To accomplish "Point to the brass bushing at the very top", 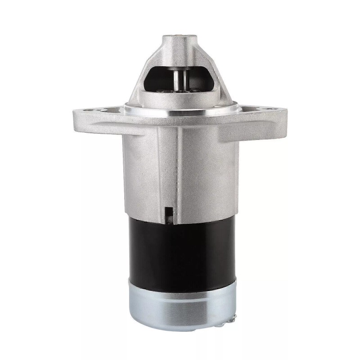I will pos(180,33).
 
